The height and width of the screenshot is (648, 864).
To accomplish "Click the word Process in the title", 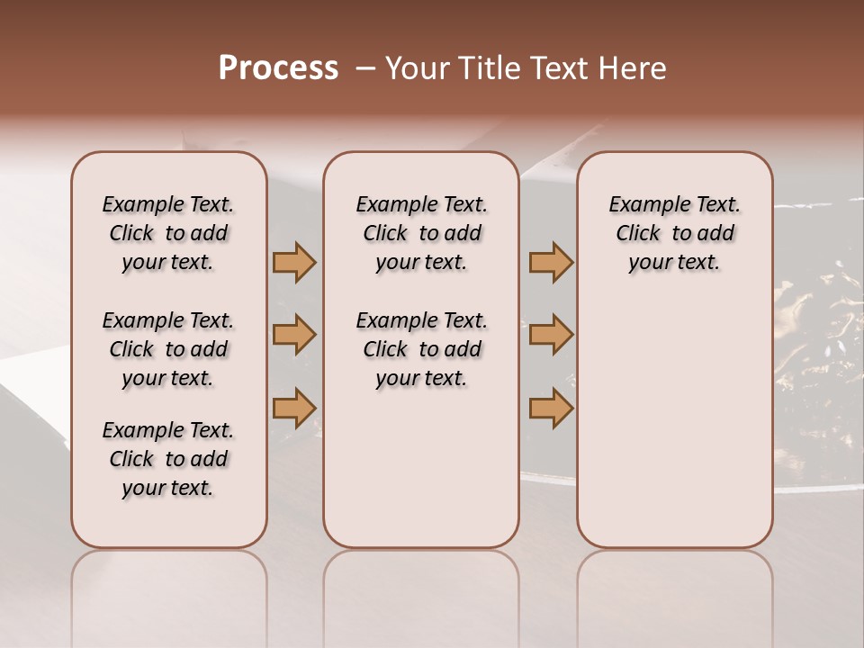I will (x=278, y=68).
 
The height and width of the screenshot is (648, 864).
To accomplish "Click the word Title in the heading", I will (x=486, y=68).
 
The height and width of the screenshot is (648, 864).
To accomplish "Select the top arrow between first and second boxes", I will (x=294, y=263).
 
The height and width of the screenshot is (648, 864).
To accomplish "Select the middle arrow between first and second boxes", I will (x=294, y=336).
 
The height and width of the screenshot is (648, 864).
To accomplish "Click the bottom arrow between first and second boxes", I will (x=294, y=408).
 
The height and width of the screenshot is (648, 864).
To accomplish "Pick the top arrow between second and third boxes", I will (x=551, y=263).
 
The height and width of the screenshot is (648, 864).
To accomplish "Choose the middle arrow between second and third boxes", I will (x=551, y=336).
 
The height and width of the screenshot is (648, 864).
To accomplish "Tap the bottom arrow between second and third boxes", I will (x=551, y=408).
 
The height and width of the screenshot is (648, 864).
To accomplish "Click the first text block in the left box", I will (x=168, y=233).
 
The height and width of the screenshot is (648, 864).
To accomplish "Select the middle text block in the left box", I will (x=168, y=349).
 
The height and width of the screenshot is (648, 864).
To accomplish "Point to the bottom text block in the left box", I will (x=168, y=459).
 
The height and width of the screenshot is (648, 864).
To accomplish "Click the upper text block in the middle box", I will (x=421, y=233).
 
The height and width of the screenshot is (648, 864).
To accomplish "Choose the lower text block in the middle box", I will (x=421, y=349).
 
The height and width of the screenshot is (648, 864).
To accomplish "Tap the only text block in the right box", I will (x=674, y=233).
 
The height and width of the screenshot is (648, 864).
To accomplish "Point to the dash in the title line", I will (x=365, y=68).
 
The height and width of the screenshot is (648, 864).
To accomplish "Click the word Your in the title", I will (x=418, y=68).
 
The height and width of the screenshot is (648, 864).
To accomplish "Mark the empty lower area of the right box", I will (x=674, y=414).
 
